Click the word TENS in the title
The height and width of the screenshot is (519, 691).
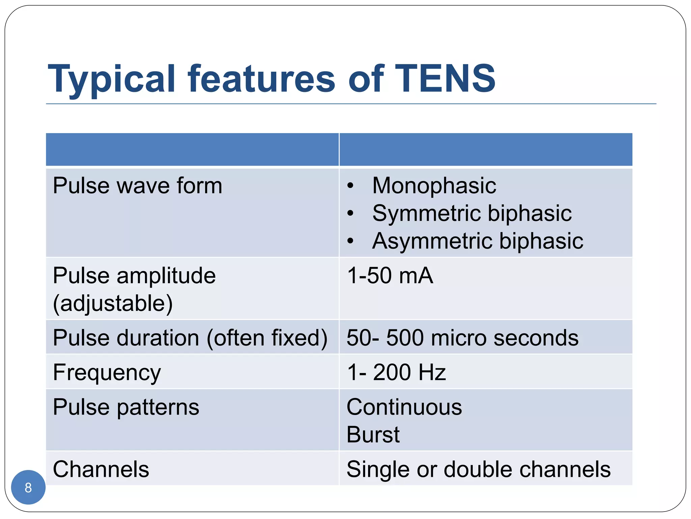click(445, 78)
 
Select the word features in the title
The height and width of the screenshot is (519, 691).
click(261, 78)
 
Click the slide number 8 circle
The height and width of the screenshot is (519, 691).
click(28, 487)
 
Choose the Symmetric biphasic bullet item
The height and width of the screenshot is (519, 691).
click(472, 213)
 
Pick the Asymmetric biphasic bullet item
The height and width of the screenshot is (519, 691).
click(477, 241)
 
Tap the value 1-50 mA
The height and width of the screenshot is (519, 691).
click(390, 275)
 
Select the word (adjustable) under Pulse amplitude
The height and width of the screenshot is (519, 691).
click(113, 303)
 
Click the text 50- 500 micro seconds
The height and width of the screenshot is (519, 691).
click(462, 338)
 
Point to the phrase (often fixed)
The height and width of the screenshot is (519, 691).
click(267, 338)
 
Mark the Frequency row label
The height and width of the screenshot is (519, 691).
click(107, 373)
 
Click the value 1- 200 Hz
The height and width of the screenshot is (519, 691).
click(396, 372)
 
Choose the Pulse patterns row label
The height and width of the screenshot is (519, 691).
click(126, 407)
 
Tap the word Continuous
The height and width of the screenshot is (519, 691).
click(404, 407)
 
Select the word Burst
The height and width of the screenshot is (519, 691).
click(373, 435)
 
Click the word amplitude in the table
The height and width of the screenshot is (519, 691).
click(166, 275)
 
